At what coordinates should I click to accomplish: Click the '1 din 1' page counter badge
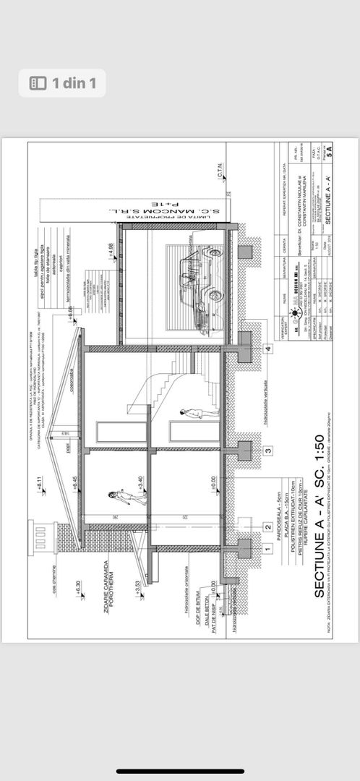point(62,83)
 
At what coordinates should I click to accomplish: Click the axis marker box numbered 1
point(267,550)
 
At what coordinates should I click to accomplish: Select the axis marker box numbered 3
point(267,451)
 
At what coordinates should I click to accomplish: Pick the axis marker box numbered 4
point(267,349)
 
